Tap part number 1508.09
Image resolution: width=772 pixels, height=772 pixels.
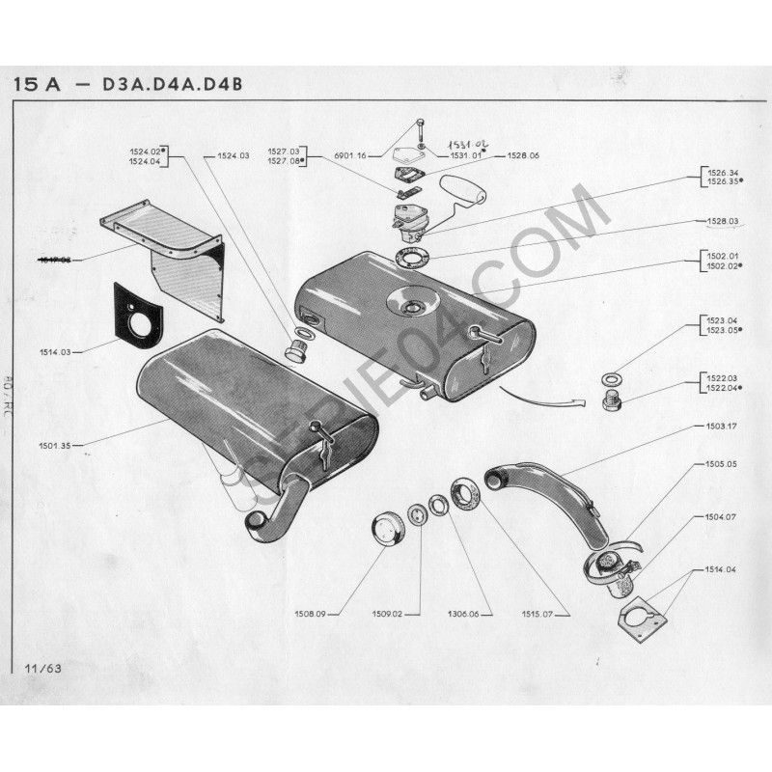[308, 613]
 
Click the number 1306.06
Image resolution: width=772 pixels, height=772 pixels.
[466, 613]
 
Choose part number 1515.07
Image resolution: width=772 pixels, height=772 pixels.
[547, 613]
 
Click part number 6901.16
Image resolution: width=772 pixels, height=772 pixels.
[348, 155]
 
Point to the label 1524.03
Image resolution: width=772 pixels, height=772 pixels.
[234, 155]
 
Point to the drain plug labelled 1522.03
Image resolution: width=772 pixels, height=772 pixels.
[612, 400]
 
